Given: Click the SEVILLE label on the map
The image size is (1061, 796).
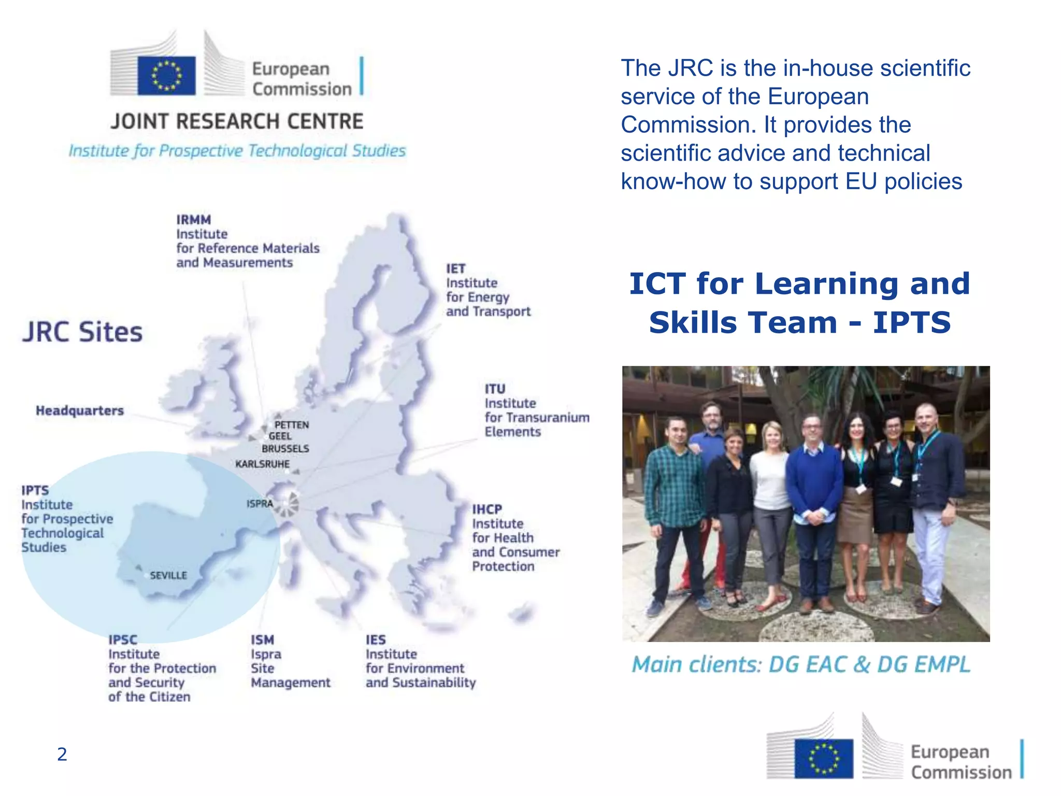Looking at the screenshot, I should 168,575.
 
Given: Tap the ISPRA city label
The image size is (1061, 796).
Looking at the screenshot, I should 260,503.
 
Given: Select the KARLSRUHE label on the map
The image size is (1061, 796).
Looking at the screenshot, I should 262,464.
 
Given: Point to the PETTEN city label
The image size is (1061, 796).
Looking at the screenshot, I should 292,425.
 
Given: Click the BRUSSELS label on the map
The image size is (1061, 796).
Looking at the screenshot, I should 285,449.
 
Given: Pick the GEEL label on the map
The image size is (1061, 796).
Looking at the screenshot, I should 280,436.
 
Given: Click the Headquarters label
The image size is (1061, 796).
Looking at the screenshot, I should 80,411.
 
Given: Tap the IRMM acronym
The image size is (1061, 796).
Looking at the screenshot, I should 193,220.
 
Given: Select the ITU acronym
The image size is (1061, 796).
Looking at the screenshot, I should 495,389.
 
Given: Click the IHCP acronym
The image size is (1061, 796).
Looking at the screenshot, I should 487,509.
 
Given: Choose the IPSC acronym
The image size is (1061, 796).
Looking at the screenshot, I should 123,639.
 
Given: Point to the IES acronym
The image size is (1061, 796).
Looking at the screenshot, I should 376,639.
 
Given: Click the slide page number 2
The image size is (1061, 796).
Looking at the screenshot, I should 62,754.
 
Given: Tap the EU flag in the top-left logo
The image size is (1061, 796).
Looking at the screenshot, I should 166,76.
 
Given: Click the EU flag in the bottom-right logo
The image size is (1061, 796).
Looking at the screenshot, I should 824,759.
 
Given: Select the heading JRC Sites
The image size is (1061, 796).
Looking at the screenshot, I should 82,332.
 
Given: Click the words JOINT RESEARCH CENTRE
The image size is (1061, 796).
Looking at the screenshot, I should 237,121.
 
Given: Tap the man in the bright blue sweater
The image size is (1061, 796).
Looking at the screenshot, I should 814,497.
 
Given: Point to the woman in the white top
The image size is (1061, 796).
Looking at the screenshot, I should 771,497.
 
